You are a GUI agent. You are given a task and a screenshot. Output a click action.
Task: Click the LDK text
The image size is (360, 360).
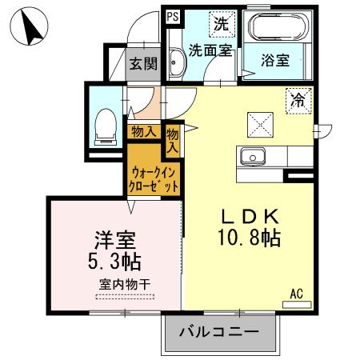coord(250,217)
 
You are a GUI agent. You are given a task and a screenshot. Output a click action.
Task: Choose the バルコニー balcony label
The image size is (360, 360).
coord(218,331)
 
